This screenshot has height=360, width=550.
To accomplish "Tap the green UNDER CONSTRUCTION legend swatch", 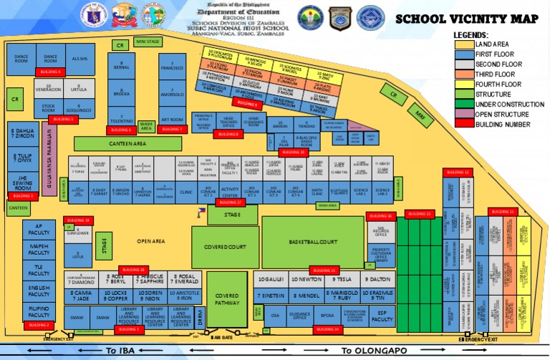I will (464, 104).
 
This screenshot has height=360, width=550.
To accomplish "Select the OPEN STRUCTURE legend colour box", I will (464, 115).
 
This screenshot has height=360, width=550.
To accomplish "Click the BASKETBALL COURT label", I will (313, 243).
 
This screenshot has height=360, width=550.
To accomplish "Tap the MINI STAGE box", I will (147, 42).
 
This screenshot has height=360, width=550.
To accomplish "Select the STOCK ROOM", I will (49, 107).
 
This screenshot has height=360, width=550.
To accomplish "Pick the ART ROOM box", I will (172, 120).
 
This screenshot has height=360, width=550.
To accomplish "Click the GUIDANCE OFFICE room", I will (300, 315).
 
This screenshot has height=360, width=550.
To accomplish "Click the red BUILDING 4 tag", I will (51, 72).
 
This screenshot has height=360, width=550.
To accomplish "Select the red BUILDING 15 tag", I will (324, 271).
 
